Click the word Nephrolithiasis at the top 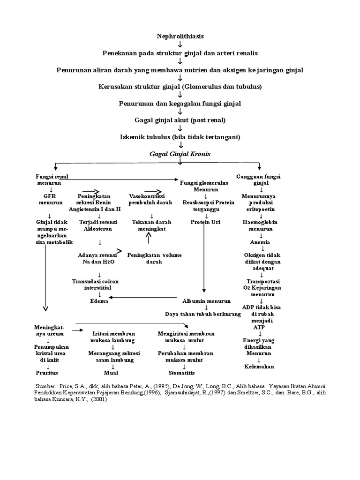(180, 36)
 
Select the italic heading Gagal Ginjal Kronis (180, 154)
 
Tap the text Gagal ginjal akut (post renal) (180, 120)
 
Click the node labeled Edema (99, 301)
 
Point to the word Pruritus (47, 373)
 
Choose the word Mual (112, 373)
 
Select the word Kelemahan (259, 366)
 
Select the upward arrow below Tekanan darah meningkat (149, 239)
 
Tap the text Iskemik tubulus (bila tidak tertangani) (180, 137)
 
